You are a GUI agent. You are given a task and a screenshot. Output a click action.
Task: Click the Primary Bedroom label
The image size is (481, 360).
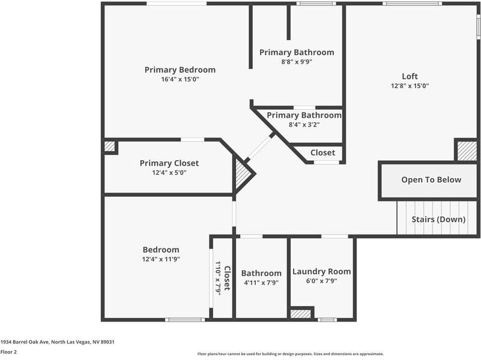180,70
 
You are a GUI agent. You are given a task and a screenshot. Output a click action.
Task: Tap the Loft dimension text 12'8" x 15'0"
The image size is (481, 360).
410,86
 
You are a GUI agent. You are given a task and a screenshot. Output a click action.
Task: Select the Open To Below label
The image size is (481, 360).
431,179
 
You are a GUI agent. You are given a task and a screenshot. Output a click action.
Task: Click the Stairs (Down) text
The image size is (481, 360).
438,219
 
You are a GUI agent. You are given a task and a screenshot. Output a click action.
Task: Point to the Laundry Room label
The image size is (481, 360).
321,271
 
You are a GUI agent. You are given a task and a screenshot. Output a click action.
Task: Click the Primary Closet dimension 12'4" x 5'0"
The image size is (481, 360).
169,173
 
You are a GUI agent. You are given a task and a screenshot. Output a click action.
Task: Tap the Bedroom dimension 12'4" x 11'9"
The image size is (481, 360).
160,259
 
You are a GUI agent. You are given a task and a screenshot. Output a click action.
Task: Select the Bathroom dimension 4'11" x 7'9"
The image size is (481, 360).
261,283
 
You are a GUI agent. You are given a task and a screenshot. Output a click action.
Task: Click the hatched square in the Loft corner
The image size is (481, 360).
467,151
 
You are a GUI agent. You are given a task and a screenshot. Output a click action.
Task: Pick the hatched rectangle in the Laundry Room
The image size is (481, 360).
300,313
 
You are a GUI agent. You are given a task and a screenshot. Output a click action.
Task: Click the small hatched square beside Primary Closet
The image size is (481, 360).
109,146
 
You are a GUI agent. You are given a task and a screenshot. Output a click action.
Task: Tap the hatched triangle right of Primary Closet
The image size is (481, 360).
243,175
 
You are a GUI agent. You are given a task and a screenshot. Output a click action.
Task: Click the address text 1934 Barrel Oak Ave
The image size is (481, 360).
58,342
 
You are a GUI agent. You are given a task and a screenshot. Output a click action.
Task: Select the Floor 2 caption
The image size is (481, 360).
8,352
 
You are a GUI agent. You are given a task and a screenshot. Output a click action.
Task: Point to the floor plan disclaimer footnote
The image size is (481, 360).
291,354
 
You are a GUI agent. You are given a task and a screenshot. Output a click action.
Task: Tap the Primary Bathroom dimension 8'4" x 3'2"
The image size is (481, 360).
304,125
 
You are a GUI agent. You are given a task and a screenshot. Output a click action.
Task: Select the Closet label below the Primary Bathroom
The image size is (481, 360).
322,153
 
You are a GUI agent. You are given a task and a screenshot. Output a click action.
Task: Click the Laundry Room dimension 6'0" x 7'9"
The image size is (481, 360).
321,281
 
